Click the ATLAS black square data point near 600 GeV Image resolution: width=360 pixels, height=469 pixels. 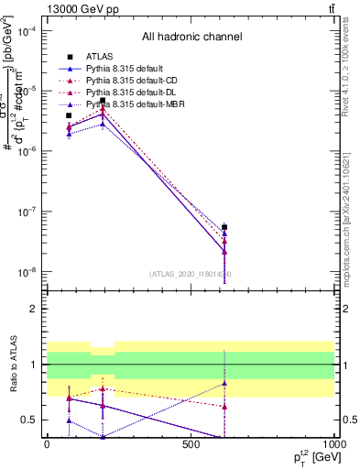pyautogui.click(x=224, y=227)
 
